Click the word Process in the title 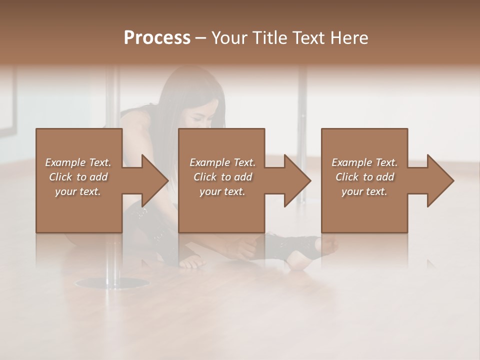[157, 37]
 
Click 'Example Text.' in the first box [78, 162]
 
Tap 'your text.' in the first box [78, 191]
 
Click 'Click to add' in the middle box [222, 177]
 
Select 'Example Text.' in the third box [364, 162]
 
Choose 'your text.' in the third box [364, 191]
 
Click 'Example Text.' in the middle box [222, 162]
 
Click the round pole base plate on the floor [112, 283]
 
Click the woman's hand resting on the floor [192, 262]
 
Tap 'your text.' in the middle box [222, 191]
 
